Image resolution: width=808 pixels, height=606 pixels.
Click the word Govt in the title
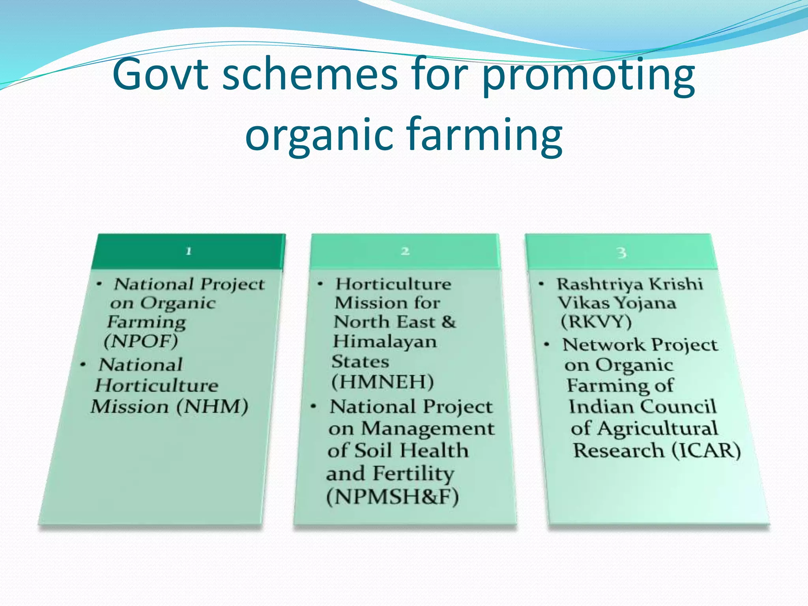click(160, 74)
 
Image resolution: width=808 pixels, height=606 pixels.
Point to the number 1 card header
click(189, 251)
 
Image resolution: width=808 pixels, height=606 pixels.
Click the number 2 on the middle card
click(405, 251)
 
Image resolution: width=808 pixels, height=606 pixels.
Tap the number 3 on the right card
click(621, 252)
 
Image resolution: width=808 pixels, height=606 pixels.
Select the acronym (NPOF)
click(141, 341)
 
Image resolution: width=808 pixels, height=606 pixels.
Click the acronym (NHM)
click(212, 406)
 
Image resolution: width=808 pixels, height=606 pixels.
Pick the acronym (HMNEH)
click(383, 382)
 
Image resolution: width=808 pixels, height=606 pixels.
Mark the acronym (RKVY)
click(596, 322)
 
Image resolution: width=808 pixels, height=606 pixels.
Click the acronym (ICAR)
click(706, 451)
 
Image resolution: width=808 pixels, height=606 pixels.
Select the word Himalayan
click(385, 342)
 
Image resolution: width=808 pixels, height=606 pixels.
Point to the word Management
click(428, 429)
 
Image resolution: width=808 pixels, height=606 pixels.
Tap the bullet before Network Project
click(546, 345)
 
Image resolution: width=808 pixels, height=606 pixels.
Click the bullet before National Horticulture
click(83, 365)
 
